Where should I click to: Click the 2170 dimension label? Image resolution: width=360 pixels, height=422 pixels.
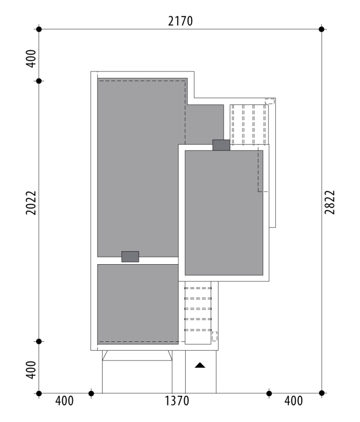point(180,21)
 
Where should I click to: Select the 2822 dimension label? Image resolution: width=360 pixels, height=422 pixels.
point(330,202)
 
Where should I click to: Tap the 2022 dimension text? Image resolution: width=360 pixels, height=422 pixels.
point(31,203)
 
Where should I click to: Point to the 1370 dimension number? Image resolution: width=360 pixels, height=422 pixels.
point(177,401)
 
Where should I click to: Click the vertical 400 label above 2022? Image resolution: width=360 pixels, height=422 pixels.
point(31,59)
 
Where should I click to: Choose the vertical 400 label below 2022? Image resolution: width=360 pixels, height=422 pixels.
point(31,370)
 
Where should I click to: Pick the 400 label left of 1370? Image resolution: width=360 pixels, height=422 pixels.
point(64,401)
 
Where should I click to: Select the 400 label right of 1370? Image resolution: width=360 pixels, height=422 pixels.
point(293,401)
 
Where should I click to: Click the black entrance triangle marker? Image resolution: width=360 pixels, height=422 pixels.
point(200,365)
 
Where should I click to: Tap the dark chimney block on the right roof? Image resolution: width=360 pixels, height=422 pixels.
point(221,145)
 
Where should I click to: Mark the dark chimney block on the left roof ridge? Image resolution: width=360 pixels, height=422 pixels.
point(130,257)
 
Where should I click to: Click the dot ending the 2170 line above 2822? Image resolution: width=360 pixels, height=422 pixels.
point(322,29)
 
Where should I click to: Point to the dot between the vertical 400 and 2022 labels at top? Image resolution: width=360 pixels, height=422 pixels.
point(39,81)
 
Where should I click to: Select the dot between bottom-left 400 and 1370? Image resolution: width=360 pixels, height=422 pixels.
point(91,393)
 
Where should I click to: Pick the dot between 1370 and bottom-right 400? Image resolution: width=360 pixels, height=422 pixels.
point(269,393)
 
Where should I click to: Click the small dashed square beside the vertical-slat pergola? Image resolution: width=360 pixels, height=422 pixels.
point(270,102)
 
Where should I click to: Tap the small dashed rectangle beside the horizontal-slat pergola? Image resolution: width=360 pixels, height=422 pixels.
point(214,336)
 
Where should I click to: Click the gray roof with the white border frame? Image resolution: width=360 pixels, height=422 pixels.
point(224,213)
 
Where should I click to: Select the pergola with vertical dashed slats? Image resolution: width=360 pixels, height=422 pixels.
point(249,125)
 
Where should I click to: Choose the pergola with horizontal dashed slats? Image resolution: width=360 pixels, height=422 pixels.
point(198,313)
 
